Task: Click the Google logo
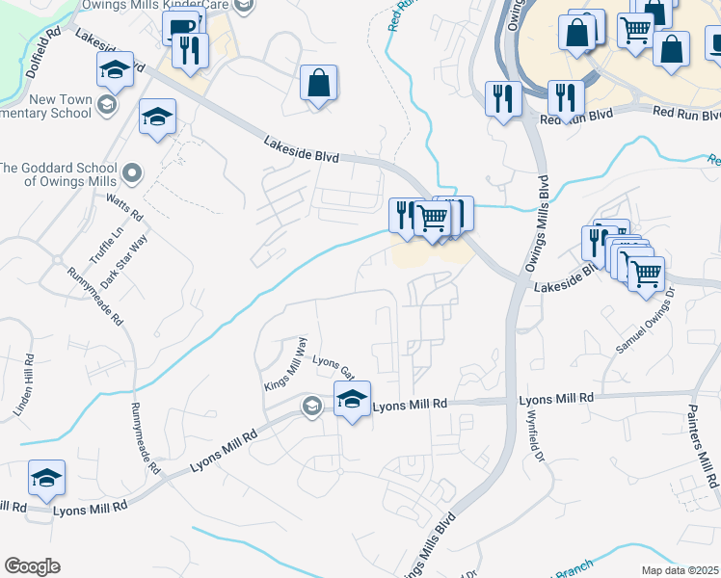pyautogui.click(x=32, y=566)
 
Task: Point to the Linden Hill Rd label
pyautogui.click(x=24, y=386)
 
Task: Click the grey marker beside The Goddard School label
pyautogui.click(x=133, y=174)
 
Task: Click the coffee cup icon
pyautogui.click(x=179, y=29)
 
